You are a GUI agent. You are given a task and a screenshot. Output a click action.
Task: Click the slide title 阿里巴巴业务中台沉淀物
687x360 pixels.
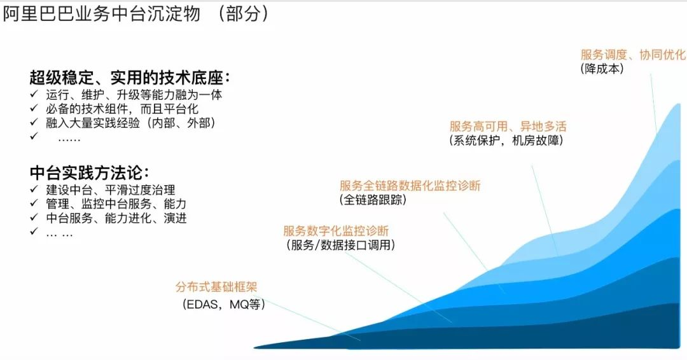click(102, 13)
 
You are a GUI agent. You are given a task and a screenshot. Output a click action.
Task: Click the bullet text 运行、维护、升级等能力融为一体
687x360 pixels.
click(134, 95)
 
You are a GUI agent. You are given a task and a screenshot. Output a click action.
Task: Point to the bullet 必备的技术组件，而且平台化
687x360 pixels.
click(122, 109)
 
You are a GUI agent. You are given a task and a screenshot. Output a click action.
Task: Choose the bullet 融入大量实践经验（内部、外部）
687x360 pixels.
click(130, 123)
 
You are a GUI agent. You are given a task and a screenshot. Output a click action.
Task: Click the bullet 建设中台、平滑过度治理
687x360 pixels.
click(111, 190)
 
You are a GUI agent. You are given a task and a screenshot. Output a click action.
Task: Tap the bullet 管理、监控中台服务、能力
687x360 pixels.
click(116, 204)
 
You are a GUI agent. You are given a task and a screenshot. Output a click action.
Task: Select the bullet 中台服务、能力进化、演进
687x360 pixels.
click(116, 218)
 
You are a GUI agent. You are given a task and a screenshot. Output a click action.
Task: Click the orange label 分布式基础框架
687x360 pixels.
click(216, 287)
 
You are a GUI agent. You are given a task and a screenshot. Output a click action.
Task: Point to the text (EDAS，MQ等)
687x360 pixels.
click(224, 304)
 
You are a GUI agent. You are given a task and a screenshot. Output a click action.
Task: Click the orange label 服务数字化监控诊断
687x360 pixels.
click(336, 231)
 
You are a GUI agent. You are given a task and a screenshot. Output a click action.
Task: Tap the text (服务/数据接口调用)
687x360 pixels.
click(341, 245)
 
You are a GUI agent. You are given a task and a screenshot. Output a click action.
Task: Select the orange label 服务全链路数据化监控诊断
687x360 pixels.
click(410, 185)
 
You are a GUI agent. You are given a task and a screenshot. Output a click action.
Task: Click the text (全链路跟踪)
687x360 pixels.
click(373, 200)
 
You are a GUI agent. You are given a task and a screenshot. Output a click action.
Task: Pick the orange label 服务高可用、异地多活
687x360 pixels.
click(508, 127)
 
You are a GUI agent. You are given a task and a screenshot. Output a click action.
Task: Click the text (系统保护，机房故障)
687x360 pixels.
click(506, 140)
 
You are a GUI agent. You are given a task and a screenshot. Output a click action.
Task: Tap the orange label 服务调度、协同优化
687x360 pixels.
click(633, 55)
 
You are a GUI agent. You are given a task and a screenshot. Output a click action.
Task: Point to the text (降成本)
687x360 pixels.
click(602, 69)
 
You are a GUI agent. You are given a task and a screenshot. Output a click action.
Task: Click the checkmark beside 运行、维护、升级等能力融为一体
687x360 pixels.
click(34, 94)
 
